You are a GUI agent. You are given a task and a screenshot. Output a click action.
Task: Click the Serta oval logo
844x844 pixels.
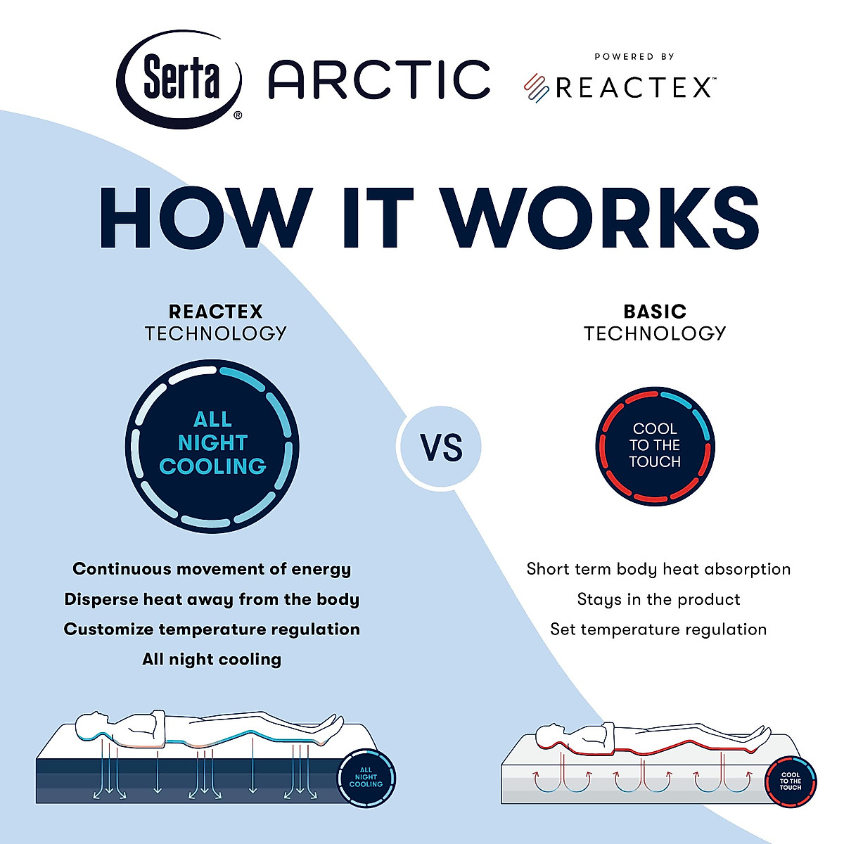click(179, 79)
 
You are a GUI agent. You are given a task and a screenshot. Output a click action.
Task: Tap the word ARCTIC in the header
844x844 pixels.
click(379, 79)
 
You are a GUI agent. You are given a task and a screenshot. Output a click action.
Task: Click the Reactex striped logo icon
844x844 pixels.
click(537, 89)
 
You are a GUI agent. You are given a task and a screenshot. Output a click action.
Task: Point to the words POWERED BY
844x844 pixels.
click(634, 56)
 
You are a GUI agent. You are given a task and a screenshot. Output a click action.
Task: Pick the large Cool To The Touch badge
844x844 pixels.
click(655, 445)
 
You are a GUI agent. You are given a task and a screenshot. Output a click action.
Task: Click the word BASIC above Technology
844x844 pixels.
click(655, 312)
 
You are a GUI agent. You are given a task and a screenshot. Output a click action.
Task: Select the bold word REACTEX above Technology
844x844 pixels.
click(215, 312)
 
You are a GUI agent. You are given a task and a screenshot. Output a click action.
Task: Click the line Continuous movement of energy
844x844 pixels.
click(212, 569)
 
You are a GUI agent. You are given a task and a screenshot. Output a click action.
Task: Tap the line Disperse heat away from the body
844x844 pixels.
click(212, 599)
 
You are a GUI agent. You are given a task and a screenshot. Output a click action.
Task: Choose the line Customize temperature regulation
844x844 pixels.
click(212, 629)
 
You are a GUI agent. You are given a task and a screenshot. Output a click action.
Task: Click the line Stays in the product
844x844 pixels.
click(658, 599)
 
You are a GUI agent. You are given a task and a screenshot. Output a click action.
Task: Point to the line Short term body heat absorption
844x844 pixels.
click(658, 569)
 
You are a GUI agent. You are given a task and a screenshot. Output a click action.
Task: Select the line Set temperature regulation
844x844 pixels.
click(658, 629)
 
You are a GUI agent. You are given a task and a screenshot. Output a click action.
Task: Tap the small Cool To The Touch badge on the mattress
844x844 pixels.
click(790, 782)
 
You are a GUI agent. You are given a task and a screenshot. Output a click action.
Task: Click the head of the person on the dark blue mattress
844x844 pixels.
click(92, 724)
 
